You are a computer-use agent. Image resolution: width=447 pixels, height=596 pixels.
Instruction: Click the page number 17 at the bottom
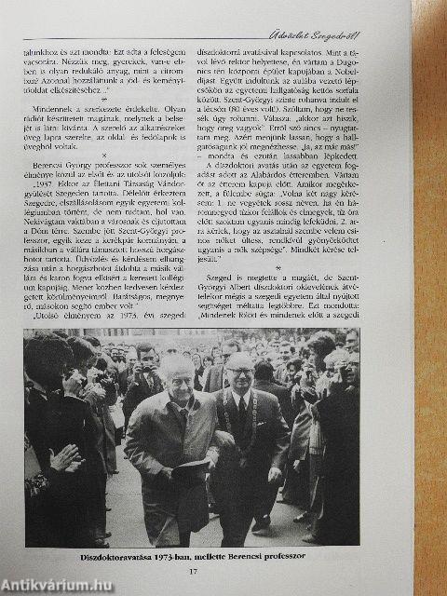(221, 571)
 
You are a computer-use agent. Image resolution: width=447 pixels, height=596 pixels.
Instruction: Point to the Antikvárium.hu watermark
(56, 585)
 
